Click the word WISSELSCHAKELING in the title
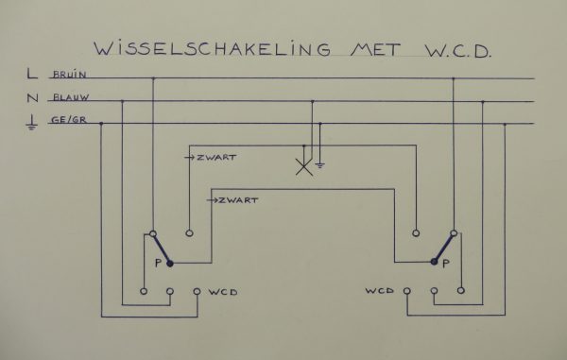pos(193,48)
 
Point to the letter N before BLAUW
pos(33,98)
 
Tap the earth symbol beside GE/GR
pos(32,122)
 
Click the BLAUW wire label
pos(70,98)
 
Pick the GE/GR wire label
pos(67,121)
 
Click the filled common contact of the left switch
pos(170,264)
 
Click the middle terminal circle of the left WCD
pos(170,291)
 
